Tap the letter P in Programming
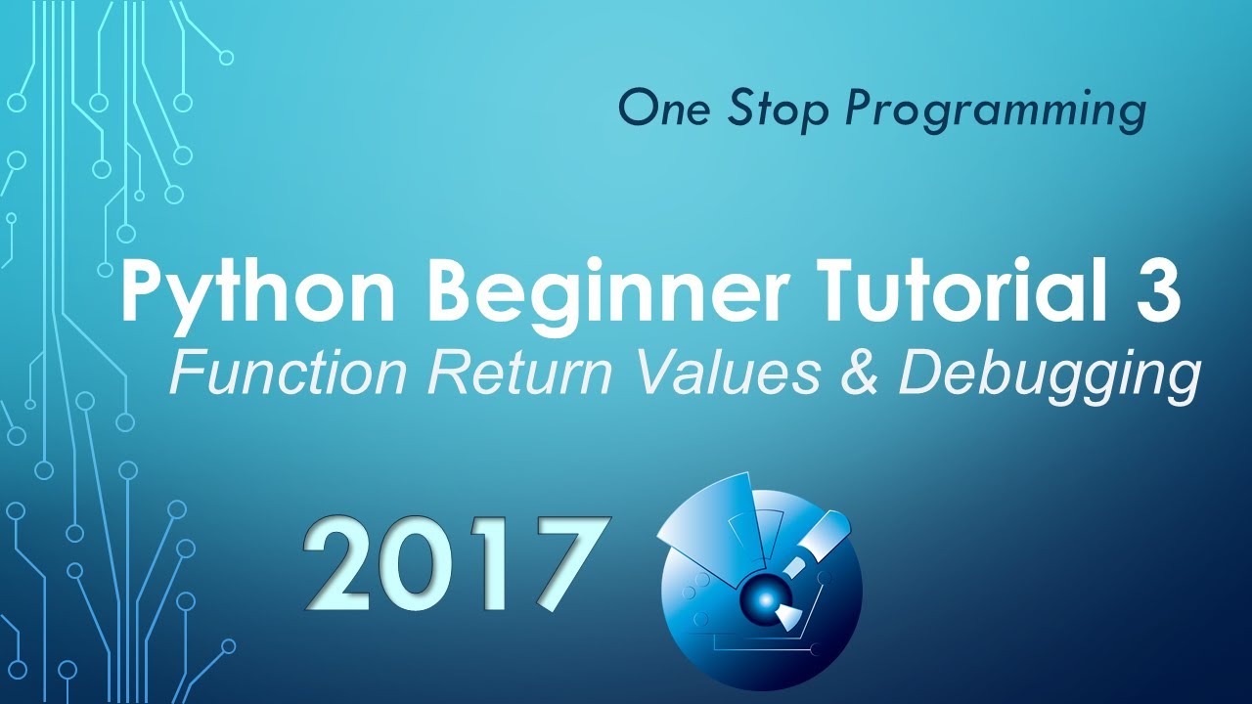coord(859,110)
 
